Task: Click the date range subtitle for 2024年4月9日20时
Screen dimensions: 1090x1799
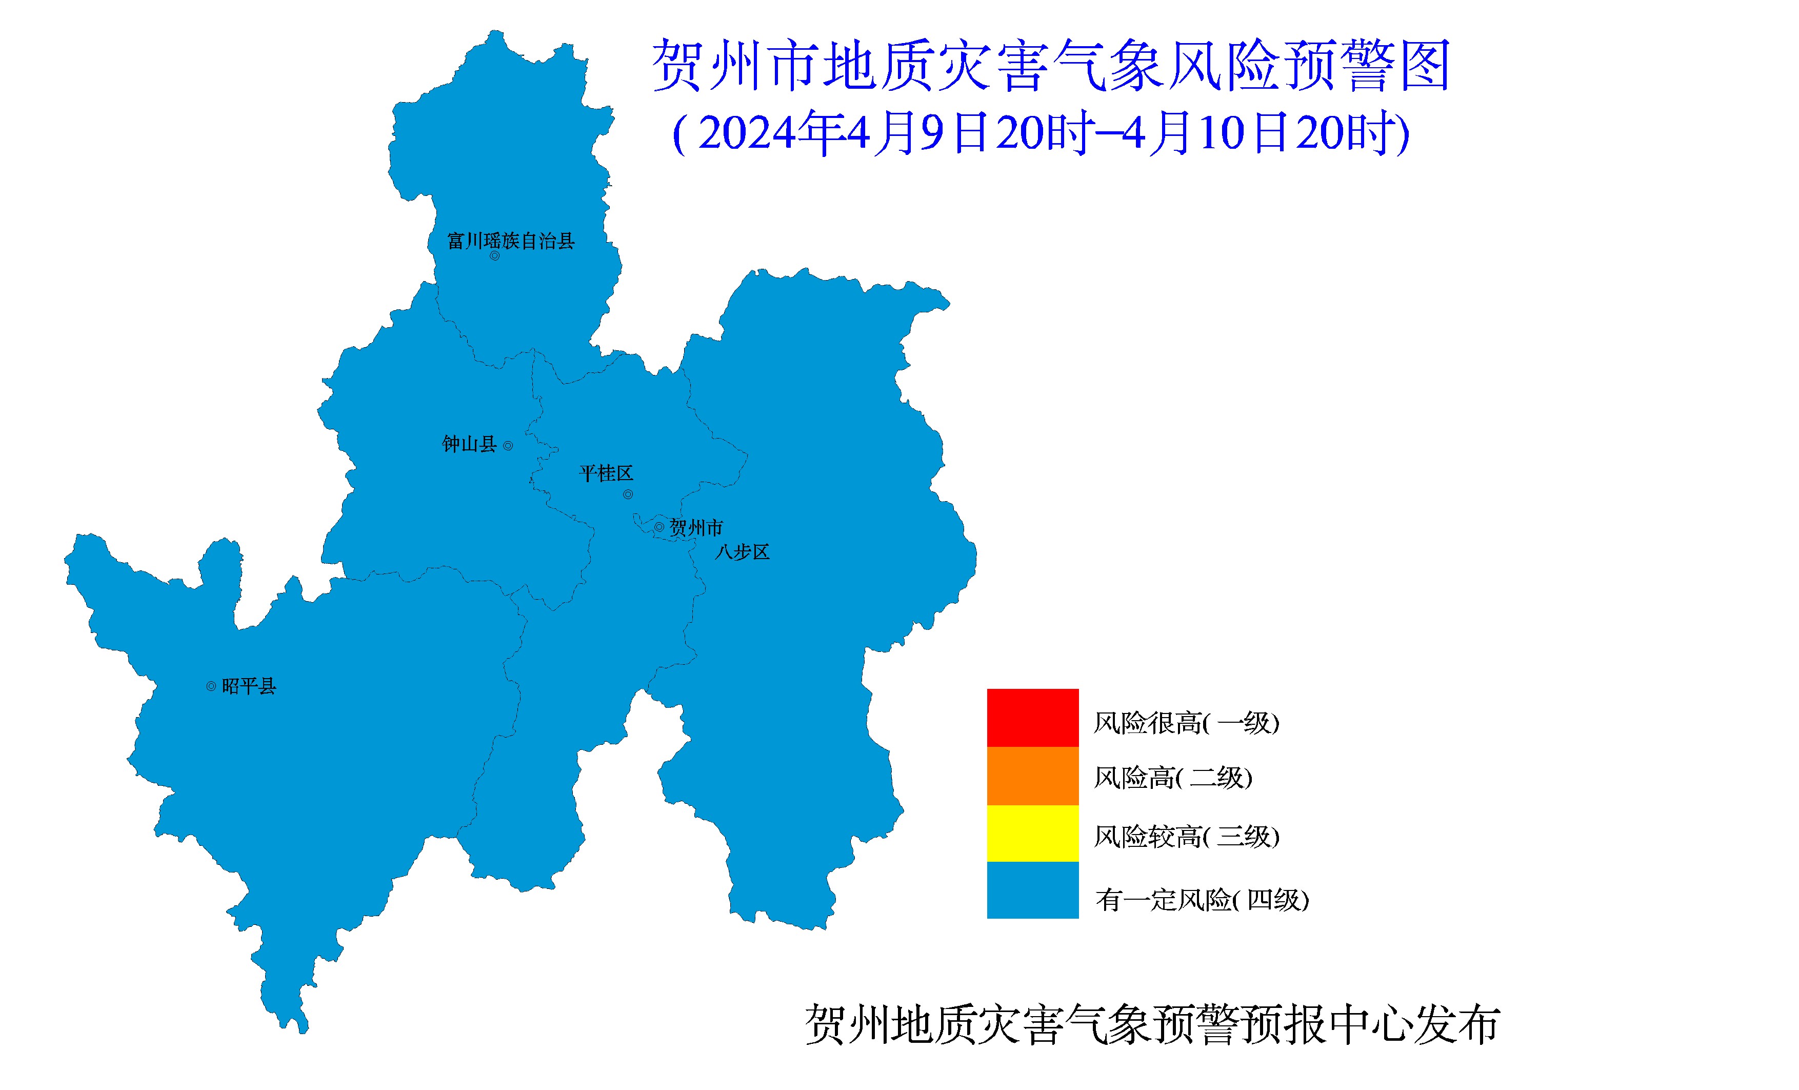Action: [x=1041, y=133]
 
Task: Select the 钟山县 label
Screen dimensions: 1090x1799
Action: [x=469, y=444]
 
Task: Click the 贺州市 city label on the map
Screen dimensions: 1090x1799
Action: [x=696, y=527]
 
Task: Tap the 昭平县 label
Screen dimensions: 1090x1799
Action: [x=248, y=686]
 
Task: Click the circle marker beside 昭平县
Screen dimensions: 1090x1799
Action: [x=211, y=686]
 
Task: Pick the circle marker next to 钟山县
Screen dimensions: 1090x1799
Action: [x=508, y=445]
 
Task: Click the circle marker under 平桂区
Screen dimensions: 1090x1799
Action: [x=628, y=494]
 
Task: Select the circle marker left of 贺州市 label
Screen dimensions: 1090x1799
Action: [x=659, y=527]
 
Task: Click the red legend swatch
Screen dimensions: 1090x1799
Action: [x=1032, y=718]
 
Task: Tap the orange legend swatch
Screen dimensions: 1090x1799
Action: [x=1032, y=776]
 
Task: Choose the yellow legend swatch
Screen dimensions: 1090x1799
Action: [x=1032, y=833]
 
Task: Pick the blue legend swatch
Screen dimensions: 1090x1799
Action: [x=1032, y=890]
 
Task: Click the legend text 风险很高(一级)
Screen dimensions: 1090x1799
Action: [x=1186, y=723]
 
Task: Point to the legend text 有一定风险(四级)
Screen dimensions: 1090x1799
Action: [x=1202, y=900]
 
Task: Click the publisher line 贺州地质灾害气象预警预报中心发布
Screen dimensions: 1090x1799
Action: [x=1152, y=1024]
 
